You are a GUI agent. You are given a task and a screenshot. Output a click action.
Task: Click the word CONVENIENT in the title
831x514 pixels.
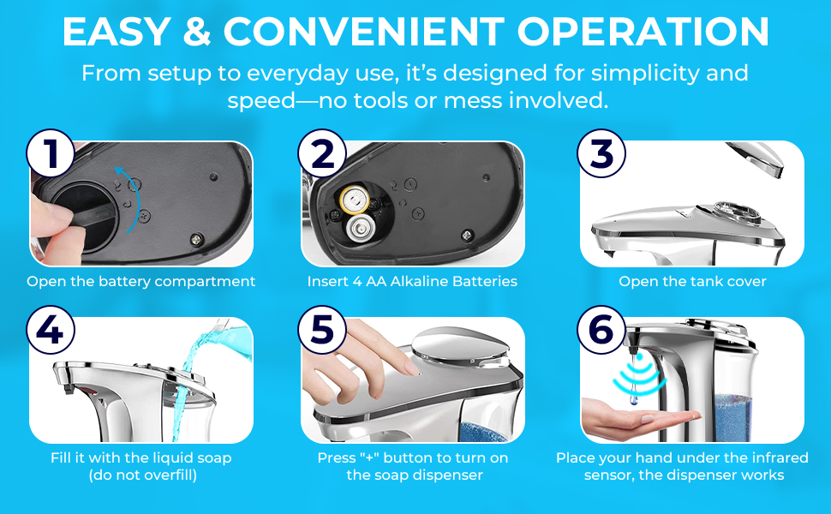pyautogui.click(x=364, y=33)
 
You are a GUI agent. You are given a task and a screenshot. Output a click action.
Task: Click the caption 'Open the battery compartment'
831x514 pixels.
pyautogui.click(x=141, y=281)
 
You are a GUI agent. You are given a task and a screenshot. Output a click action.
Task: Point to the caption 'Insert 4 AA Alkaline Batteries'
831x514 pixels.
pyautogui.click(x=412, y=281)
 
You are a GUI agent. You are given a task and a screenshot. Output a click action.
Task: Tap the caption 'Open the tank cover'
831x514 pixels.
pyautogui.click(x=692, y=281)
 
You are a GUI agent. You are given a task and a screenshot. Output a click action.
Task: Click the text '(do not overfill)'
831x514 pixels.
pyautogui.click(x=143, y=475)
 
